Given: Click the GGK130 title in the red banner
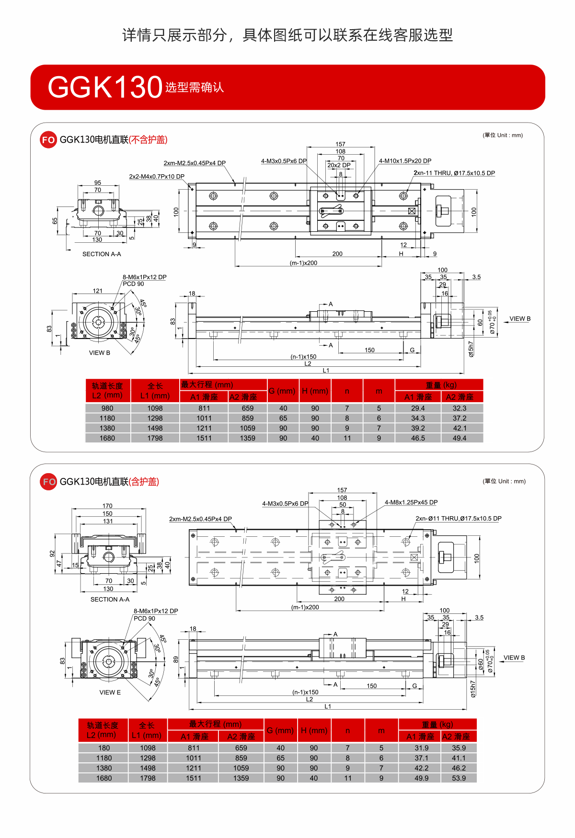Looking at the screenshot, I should pyautogui.click(x=105, y=87).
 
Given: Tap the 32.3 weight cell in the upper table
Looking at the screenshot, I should pyautogui.click(x=459, y=408).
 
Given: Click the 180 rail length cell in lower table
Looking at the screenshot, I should pyautogui.click(x=104, y=748).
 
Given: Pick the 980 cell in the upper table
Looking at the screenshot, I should pyautogui.click(x=107, y=408).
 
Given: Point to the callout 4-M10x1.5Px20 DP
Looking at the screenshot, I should pyautogui.click(x=405, y=161).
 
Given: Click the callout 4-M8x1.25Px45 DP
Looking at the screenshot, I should pyautogui.click(x=411, y=502).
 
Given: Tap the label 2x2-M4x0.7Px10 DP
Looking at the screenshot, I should pyautogui.click(x=157, y=177).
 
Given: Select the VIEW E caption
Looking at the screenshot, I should pyautogui.click(x=110, y=692).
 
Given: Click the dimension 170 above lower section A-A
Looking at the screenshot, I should pyautogui.click(x=107, y=506).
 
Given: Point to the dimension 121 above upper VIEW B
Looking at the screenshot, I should pyautogui.click(x=98, y=291).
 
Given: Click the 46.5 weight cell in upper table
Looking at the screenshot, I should pyautogui.click(x=418, y=438).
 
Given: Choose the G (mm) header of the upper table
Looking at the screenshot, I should pyautogui.click(x=282, y=391).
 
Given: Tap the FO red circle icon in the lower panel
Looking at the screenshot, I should pyautogui.click(x=48, y=482).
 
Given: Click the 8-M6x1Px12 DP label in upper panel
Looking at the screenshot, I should pyautogui.click(x=144, y=277).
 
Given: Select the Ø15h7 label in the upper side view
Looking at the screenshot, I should pyautogui.click(x=471, y=349).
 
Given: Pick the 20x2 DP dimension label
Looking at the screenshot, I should pyautogui.click(x=339, y=165).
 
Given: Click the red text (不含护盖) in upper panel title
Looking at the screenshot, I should pyautogui.click(x=148, y=140).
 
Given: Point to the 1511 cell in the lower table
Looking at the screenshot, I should pyautogui.click(x=194, y=778).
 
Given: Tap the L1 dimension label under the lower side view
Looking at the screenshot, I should pyautogui.click(x=328, y=706).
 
